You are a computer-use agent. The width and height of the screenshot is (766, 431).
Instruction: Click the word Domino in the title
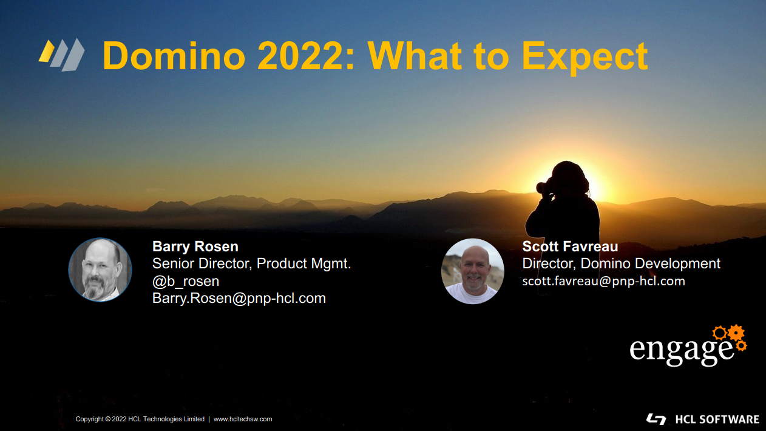174,56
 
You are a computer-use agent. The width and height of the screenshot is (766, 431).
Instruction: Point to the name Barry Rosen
195,246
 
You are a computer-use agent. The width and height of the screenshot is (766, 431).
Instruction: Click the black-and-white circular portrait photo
100,270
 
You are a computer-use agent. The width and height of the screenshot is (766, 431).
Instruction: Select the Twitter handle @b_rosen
186,281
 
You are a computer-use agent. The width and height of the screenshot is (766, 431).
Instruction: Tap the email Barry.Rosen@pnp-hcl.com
239,298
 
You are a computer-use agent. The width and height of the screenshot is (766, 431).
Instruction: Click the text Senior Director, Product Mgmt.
252,263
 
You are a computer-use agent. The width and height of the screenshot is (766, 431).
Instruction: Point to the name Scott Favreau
570,246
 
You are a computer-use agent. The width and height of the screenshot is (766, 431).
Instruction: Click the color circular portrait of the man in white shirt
473,271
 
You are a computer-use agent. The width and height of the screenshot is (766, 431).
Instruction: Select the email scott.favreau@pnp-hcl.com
603,281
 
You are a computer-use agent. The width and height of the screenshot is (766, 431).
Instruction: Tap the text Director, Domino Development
622,263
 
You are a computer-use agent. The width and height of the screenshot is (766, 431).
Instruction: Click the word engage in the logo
682,351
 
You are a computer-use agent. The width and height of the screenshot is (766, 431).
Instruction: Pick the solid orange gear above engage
736,333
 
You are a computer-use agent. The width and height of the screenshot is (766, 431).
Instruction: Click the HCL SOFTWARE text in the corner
717,419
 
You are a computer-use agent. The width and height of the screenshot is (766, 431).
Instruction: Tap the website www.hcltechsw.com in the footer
243,419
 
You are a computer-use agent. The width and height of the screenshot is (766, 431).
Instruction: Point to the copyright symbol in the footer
107,419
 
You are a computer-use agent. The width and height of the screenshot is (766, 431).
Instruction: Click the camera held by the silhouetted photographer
544,187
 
